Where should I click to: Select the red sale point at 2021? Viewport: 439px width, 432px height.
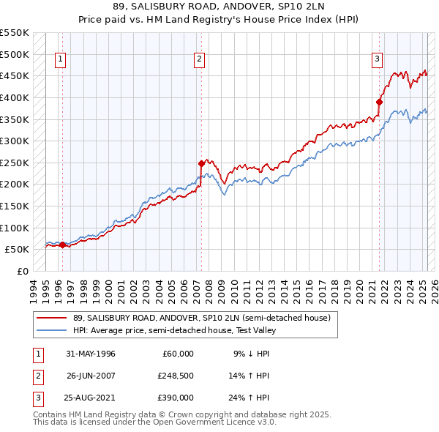click(379, 102)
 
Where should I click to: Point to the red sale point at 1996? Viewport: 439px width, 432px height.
click(62, 245)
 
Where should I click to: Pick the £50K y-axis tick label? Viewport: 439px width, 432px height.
click(17, 250)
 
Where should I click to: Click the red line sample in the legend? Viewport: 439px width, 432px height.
click(52, 318)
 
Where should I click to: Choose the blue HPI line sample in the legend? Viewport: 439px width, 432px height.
click(52, 329)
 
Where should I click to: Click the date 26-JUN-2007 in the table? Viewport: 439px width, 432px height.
click(91, 376)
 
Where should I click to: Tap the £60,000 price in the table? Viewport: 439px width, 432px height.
click(176, 354)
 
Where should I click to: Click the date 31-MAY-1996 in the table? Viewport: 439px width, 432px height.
click(91, 354)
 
